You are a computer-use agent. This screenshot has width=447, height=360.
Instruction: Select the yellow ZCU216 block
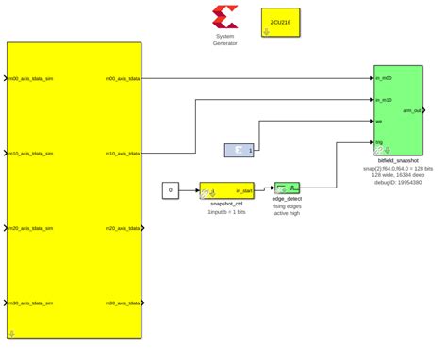coord(279,24)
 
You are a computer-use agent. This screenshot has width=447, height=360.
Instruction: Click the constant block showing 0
coord(170,191)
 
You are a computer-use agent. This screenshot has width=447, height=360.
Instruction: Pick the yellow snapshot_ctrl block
coord(227,191)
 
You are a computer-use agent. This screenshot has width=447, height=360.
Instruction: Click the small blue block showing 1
coord(240,150)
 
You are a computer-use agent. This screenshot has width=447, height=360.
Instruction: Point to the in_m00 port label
coord(384,78)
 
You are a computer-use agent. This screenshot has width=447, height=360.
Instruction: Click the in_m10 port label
coord(384,99)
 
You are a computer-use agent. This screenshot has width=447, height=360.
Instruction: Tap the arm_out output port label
coord(412,110)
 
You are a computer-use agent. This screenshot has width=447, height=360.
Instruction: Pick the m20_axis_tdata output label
coord(123,228)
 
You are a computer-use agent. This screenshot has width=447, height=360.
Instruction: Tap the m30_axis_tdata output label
coord(123,303)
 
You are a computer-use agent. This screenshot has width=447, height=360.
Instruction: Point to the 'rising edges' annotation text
coord(287,206)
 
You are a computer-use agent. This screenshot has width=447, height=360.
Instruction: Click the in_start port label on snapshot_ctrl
coord(243,190)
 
